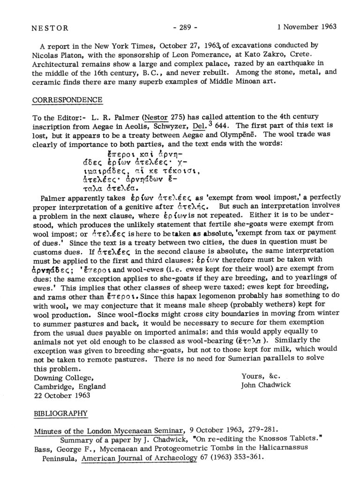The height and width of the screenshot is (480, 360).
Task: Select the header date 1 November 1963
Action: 307,27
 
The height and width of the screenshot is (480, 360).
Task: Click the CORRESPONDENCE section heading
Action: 67,101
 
